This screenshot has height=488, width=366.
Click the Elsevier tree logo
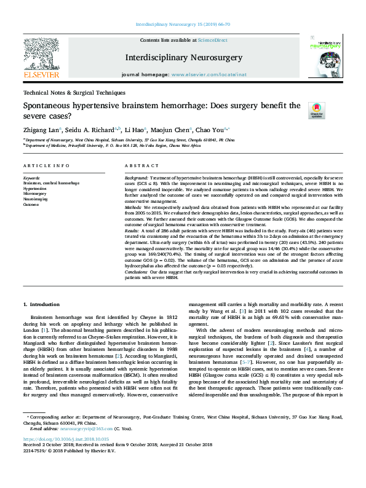click(42, 57)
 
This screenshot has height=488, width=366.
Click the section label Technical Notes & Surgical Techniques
click(74, 92)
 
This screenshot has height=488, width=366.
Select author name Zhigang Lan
click(42, 130)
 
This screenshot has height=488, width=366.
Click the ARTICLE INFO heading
click(46, 166)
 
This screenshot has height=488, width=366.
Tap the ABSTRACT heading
click(141, 166)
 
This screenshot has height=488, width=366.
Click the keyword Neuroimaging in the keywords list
click(35, 199)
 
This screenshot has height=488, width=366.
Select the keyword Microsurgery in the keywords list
click(34, 194)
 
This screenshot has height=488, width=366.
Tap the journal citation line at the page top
click(183, 24)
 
